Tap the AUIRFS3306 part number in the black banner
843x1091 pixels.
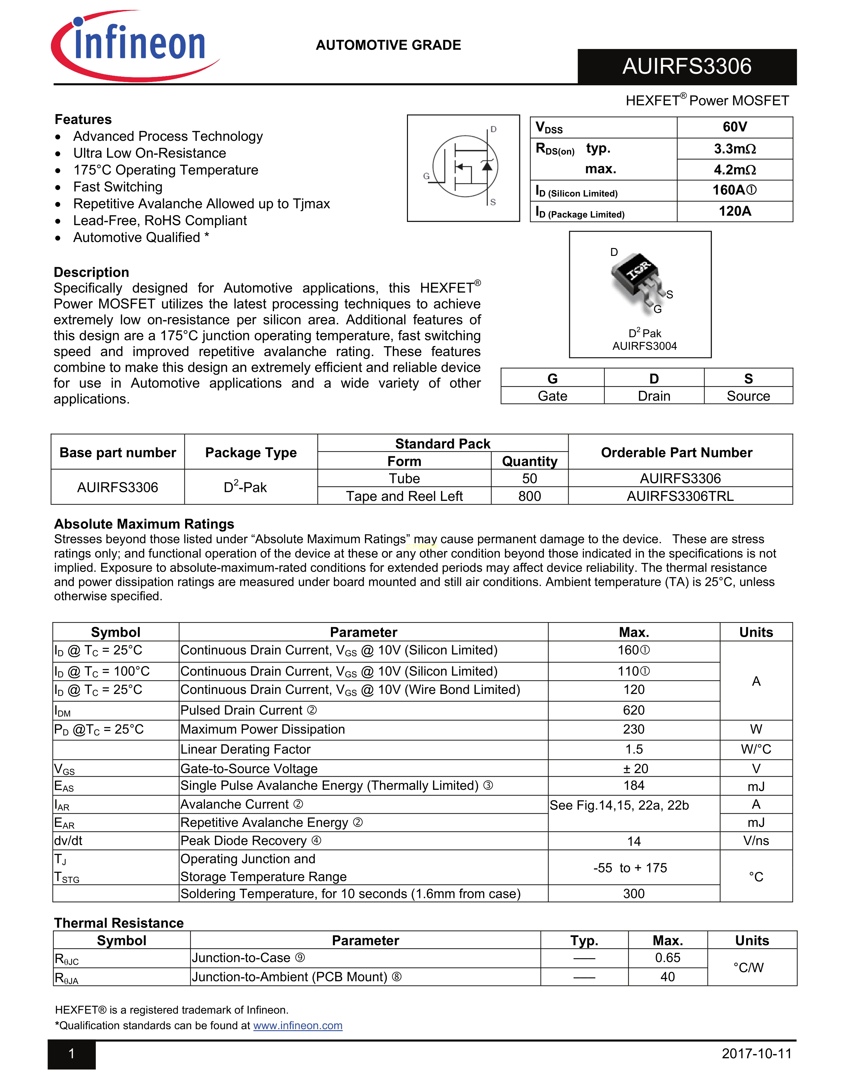tap(686, 66)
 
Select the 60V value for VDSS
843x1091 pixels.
tap(735, 127)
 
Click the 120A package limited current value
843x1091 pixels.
tap(735, 211)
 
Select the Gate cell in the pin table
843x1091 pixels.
tap(552, 396)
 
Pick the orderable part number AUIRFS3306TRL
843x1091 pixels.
tap(680, 496)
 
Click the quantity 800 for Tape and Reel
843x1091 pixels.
tap(529, 496)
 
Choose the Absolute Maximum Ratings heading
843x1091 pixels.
tap(144, 524)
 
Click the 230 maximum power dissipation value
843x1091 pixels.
tap(634, 729)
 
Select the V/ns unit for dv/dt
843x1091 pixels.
tap(756, 841)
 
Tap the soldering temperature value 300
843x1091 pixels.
tap(634, 894)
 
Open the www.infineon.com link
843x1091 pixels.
tap(298, 1026)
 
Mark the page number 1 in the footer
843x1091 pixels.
tap(71, 1054)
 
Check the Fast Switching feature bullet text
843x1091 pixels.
tap(118, 187)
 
